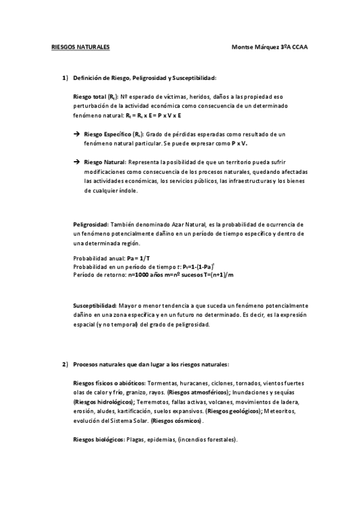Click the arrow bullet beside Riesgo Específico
[x=76, y=135]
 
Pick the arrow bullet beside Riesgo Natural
[x=76, y=162]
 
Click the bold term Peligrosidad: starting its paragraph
[x=91, y=224]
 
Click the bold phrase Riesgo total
[x=90, y=96]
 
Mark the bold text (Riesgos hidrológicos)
[x=103, y=401]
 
